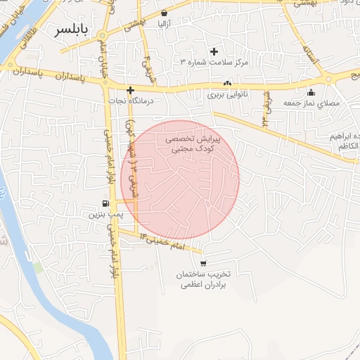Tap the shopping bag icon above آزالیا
pyautogui.click(x=164, y=13)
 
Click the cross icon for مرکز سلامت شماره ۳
pyautogui.click(x=214, y=51)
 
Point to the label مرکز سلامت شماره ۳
pyautogui.click(x=214, y=63)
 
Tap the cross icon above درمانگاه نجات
pyautogui.click(x=130, y=90)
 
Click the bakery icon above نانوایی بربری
pyautogui.click(x=227, y=83)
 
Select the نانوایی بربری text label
pyautogui.click(x=224, y=94)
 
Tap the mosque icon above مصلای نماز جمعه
pyautogui.click(x=311, y=92)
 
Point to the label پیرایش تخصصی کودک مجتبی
pyautogui.click(x=193, y=145)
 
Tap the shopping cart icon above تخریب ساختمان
pyautogui.click(x=203, y=263)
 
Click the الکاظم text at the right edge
pyautogui.click(x=348, y=146)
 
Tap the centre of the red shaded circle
pyautogui.click(x=180, y=180)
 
